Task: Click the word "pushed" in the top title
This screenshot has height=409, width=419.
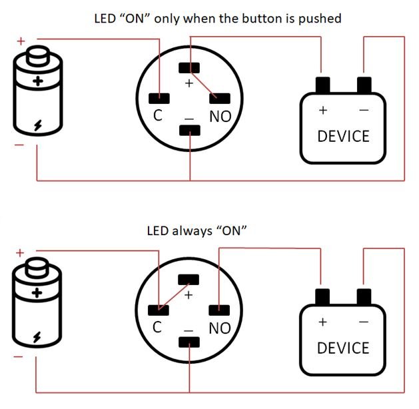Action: pyautogui.click(x=320, y=19)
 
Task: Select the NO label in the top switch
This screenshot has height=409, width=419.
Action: pyautogui.click(x=220, y=117)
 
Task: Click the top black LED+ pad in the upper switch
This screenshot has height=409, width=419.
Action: pyautogui.click(x=190, y=67)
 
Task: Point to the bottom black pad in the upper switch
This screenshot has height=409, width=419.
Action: pyautogui.click(x=190, y=129)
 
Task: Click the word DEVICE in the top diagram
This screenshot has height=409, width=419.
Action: pyautogui.click(x=343, y=137)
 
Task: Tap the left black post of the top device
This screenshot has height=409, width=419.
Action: pyautogui.click(x=323, y=86)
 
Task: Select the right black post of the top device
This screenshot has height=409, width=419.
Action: pyautogui.click(x=364, y=86)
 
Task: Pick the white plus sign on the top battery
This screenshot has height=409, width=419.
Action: pyautogui.click(x=38, y=83)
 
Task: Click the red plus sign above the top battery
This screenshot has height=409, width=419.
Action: pyautogui.click(x=21, y=41)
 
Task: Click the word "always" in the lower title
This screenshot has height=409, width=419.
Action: pyautogui.click(x=191, y=230)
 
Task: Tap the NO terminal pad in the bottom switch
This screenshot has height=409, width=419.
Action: pyautogui.click(x=220, y=309)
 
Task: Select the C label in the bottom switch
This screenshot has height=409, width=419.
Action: pyautogui.click(x=158, y=328)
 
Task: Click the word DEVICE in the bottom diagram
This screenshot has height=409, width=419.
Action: pyautogui.click(x=343, y=348)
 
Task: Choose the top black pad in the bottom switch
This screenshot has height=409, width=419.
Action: pyautogui.click(x=190, y=279)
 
